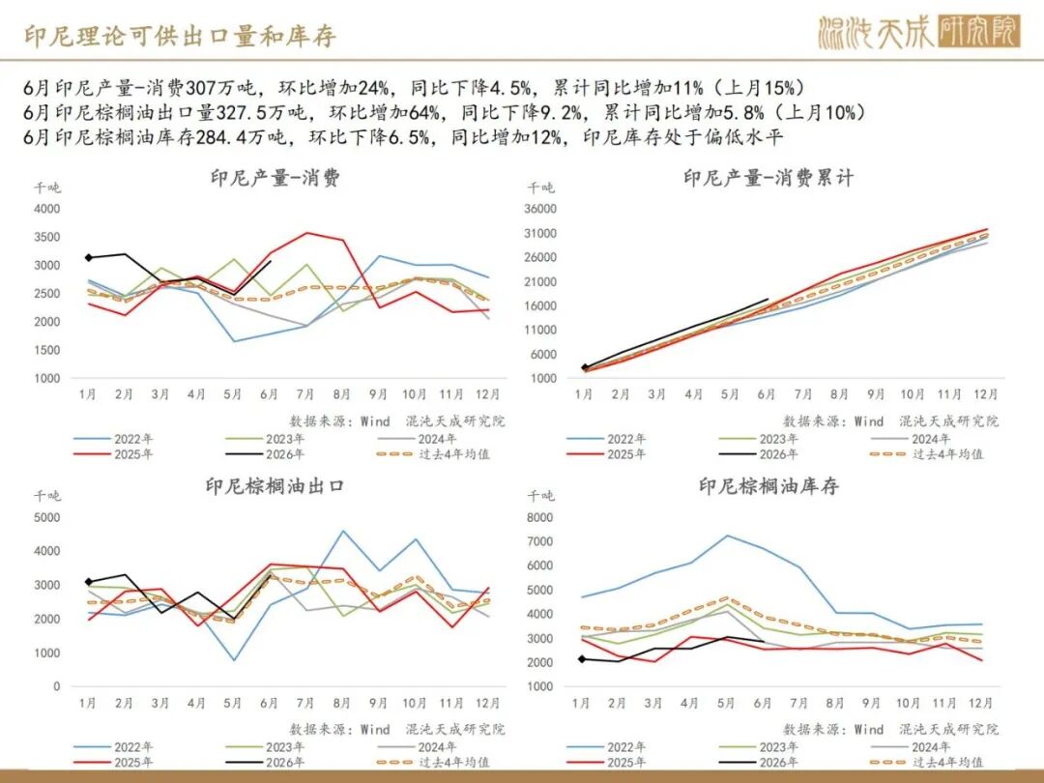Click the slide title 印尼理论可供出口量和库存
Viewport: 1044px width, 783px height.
tap(181, 36)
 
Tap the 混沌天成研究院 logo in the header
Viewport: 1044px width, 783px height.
tap(919, 31)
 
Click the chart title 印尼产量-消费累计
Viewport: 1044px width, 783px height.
tap(768, 178)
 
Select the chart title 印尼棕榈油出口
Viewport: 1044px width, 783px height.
tap(275, 486)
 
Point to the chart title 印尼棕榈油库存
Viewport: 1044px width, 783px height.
tap(768, 486)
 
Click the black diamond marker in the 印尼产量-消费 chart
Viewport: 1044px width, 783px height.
tap(89, 257)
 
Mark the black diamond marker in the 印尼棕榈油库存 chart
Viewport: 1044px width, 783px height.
tap(582, 659)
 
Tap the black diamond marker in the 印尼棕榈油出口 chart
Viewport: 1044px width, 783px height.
tap(89, 582)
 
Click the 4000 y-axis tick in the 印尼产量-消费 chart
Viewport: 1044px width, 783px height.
tap(47, 209)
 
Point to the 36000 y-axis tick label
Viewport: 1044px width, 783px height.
tap(540, 209)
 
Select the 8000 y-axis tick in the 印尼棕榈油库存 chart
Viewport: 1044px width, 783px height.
tap(540, 517)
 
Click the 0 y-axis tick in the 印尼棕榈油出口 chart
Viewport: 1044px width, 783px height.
tap(57, 686)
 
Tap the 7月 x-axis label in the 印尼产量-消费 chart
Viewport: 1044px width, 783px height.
tap(304, 394)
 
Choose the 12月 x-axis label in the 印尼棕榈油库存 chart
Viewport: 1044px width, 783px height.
tap(981, 703)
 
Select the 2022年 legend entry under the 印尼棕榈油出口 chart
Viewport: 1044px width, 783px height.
tap(113, 747)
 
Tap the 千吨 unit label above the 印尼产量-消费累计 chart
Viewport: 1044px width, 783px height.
tap(540, 188)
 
